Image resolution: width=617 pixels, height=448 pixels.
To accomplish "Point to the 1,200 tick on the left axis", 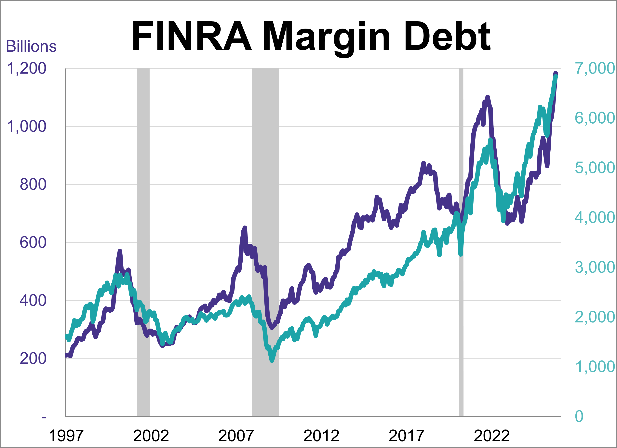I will point(26,68).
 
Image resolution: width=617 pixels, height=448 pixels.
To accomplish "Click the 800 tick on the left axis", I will point(33,184).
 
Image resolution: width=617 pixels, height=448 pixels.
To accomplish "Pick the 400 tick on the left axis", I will point(33,301).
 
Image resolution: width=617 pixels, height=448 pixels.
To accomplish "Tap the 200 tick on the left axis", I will point(33,359).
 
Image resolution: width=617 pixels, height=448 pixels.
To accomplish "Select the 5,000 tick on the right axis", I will point(594,168).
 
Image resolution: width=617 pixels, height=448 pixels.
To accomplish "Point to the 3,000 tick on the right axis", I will point(594,267).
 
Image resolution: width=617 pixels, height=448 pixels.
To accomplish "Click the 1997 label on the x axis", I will point(66,436).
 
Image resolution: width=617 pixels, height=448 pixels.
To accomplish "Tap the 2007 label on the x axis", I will point(236,436).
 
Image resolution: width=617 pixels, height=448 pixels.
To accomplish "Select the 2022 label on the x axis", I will point(492,436).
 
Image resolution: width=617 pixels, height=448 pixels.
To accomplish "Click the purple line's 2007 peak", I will point(245,228).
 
